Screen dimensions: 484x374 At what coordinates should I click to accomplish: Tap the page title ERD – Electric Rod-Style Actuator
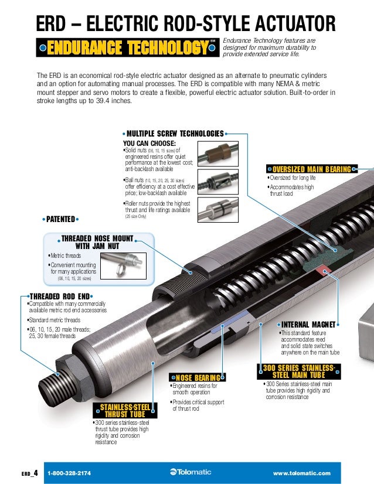(186, 23)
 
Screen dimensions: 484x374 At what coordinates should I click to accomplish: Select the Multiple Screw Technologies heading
(175, 134)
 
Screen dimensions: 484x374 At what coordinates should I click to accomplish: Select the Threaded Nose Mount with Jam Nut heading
(97, 243)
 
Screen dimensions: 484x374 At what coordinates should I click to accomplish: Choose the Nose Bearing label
(196, 377)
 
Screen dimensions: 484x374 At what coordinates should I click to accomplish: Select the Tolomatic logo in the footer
(192, 473)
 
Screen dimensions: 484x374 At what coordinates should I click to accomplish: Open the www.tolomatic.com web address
(302, 473)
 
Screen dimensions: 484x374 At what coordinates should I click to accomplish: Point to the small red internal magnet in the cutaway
(322, 270)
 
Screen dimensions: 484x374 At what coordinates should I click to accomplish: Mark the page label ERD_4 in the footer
(30, 473)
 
